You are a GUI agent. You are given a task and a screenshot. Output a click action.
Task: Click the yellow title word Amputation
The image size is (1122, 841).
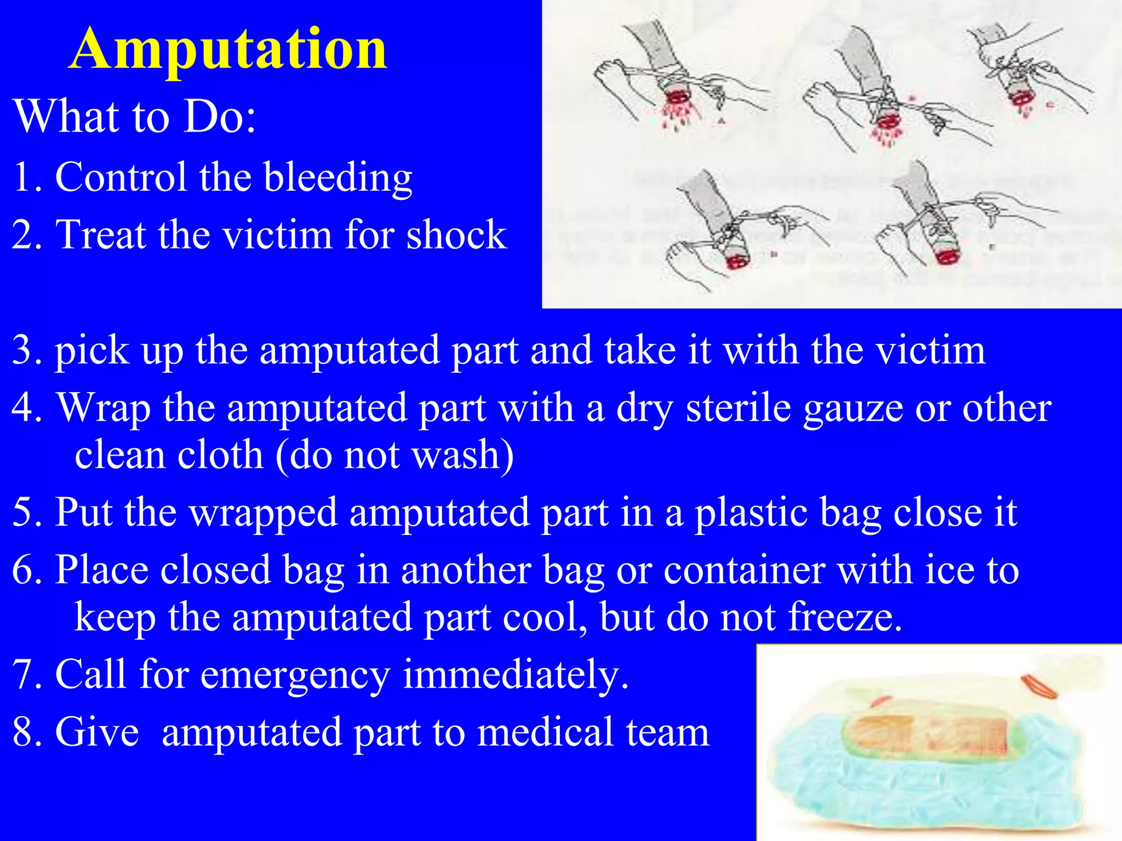229,50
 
